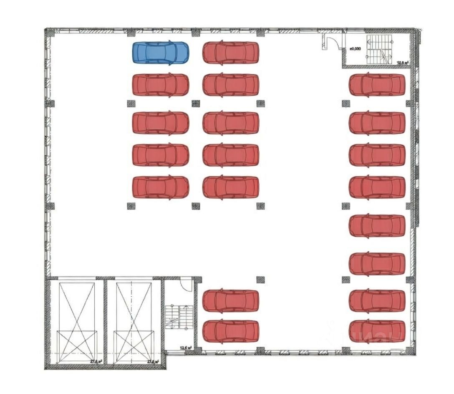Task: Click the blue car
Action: (x=161, y=52)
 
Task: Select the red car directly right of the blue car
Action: (x=231, y=52)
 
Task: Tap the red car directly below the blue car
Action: (x=161, y=85)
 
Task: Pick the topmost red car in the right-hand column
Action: (x=377, y=85)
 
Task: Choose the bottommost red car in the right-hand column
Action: (x=377, y=331)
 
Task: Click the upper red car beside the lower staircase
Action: (x=231, y=301)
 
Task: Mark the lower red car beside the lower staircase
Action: (x=231, y=331)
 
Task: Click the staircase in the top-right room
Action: (x=378, y=49)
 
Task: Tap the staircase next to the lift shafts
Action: (x=178, y=316)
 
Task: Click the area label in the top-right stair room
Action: (x=403, y=63)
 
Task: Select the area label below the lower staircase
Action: (x=185, y=347)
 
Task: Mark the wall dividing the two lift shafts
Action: (x=105, y=321)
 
